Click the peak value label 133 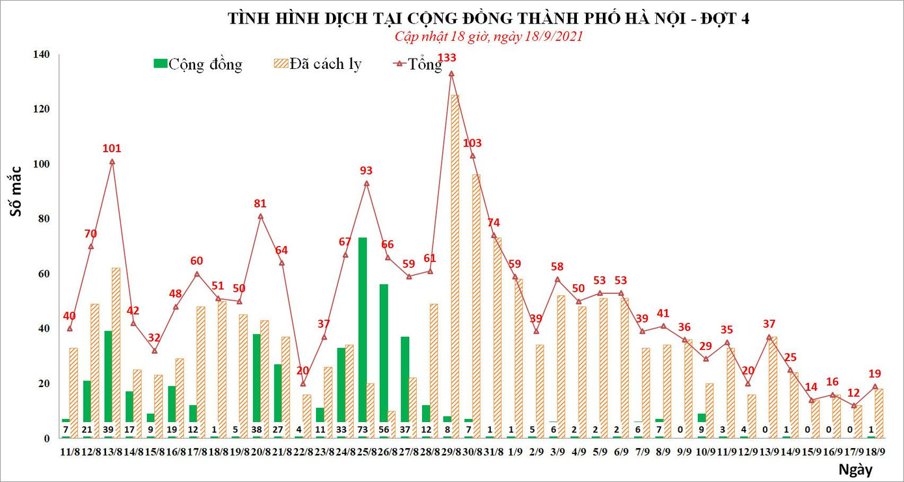pyautogui.click(x=447, y=59)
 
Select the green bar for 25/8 pyautogui.click(x=362, y=332)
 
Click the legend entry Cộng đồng pyautogui.click(x=198, y=64)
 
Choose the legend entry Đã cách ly pyautogui.click(x=318, y=64)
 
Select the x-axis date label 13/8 pyautogui.click(x=113, y=451)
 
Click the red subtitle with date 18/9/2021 pyautogui.click(x=489, y=36)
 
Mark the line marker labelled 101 pyautogui.click(x=112, y=161)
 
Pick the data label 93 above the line pyautogui.click(x=366, y=171)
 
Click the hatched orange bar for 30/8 pyautogui.click(x=476, y=299)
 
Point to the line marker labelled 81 pyautogui.click(x=260, y=216)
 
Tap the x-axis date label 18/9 pyautogui.click(x=875, y=451)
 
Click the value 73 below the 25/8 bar pyautogui.click(x=362, y=430)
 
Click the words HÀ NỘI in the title pyautogui.click(x=658, y=18)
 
